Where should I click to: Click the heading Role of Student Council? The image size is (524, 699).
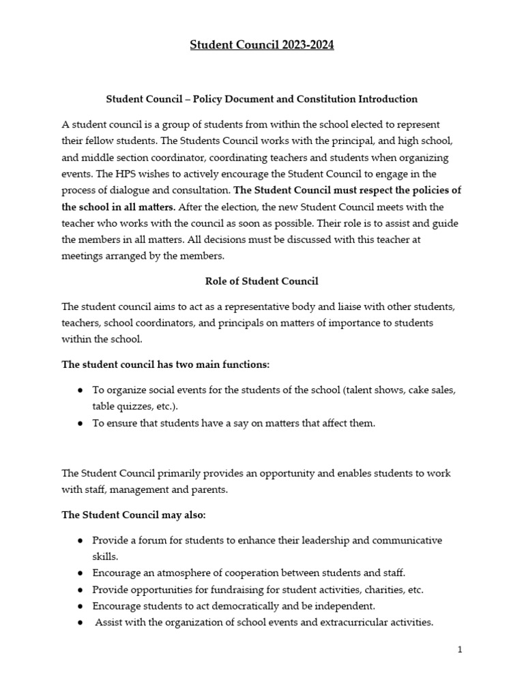(262, 281)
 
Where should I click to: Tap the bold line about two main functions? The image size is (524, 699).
(166, 365)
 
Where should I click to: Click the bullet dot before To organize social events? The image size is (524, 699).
(81, 390)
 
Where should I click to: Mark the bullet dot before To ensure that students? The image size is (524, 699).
(81, 424)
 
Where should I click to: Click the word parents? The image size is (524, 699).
(208, 489)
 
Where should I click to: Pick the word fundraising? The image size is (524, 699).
(237, 589)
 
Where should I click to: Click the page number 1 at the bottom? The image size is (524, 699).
(460, 650)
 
